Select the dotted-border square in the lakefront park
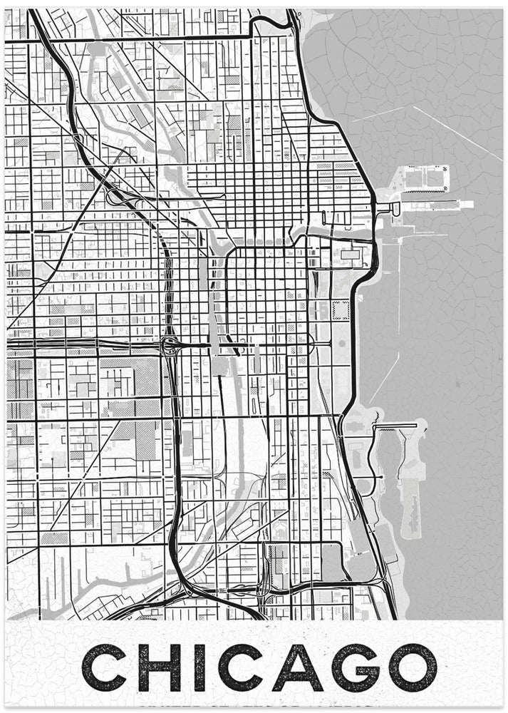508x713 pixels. pos(341,310)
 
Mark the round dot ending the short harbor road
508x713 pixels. pos(382,476)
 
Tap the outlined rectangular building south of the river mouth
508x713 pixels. pos(351,254)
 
